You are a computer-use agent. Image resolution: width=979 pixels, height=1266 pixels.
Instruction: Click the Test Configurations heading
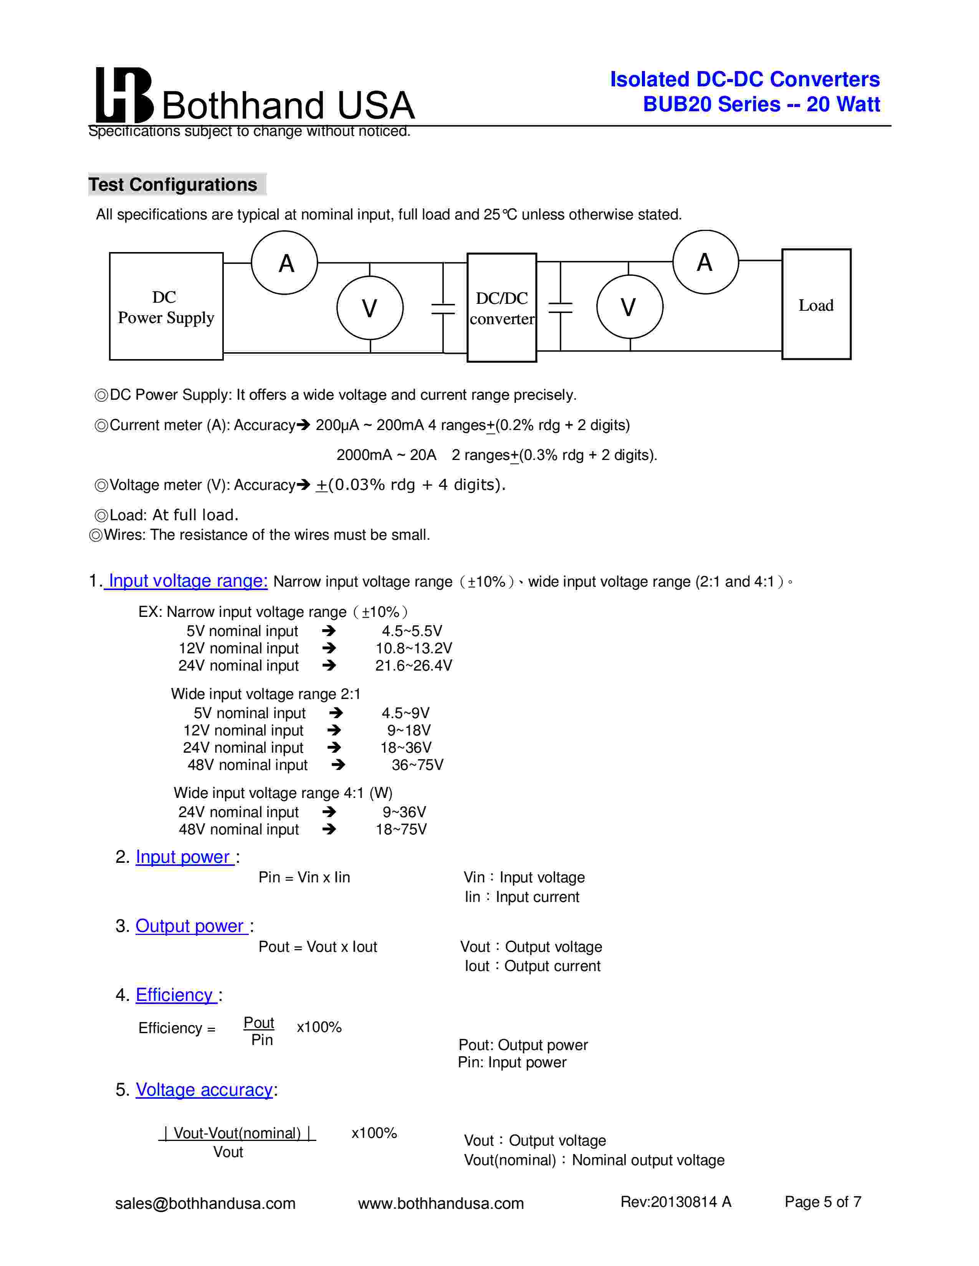point(173,184)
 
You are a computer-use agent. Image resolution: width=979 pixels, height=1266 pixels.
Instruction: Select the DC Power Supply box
point(167,306)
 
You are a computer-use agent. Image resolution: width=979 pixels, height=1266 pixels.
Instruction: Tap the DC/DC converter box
point(502,308)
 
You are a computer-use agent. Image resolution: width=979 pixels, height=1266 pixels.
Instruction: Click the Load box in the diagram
point(816,304)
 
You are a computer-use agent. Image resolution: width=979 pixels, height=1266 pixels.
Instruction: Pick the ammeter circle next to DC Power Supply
point(285,262)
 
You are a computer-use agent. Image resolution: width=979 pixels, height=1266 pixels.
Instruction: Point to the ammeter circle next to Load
point(705,262)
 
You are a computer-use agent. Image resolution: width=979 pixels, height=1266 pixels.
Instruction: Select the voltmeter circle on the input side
point(370,308)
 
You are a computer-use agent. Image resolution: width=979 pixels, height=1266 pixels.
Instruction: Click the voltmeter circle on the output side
point(629,307)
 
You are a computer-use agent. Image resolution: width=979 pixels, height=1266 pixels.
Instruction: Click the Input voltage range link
point(188,580)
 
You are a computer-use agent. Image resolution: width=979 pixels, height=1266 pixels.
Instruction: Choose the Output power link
point(190,926)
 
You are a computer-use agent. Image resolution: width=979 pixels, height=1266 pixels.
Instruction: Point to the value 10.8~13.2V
point(413,648)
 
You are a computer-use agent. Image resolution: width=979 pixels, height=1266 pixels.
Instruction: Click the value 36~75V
point(417,765)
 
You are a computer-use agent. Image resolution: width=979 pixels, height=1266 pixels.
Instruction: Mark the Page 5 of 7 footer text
point(822,1202)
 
